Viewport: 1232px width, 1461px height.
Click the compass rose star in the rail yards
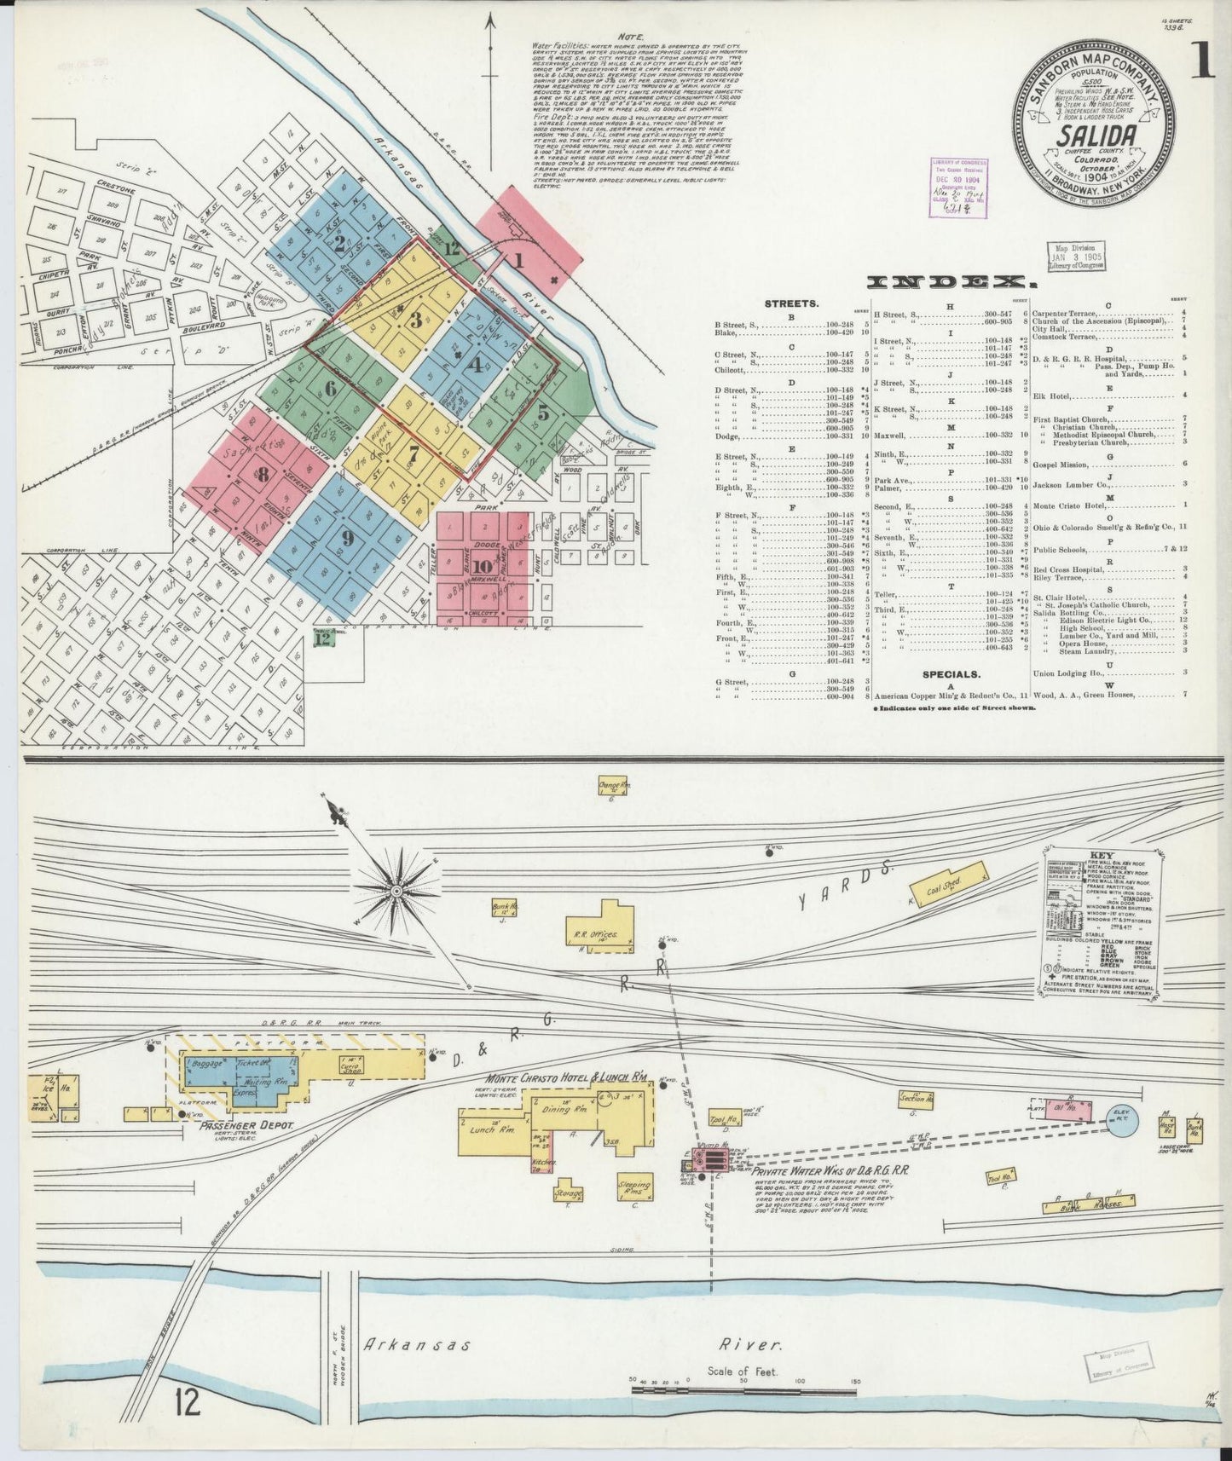click(396, 890)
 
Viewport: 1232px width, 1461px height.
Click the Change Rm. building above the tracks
click(612, 785)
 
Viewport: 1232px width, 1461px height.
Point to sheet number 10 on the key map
click(482, 567)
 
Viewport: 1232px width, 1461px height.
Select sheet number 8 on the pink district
click(263, 475)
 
